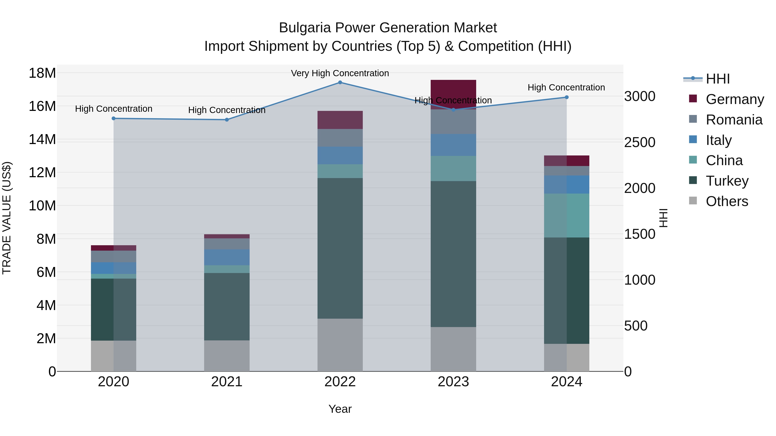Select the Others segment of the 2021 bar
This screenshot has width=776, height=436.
[x=227, y=356]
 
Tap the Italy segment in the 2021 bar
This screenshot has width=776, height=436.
[x=227, y=257]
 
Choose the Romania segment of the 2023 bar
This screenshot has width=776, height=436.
[x=453, y=122]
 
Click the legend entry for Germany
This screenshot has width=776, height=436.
[x=734, y=99]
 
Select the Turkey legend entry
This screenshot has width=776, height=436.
[x=727, y=181]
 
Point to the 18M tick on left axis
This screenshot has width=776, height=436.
[x=42, y=73]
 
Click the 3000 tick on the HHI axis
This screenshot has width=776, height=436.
[x=639, y=96]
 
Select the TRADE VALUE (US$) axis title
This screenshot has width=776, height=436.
[x=7, y=218]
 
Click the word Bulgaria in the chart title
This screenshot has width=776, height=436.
[x=305, y=28]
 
